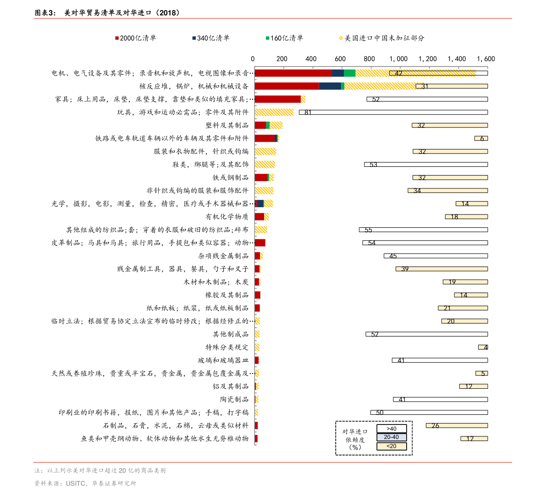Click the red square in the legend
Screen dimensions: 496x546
click(117, 38)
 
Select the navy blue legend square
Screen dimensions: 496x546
click(194, 38)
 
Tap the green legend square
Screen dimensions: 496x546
click(268, 38)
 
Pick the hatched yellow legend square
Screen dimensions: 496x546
click(341, 38)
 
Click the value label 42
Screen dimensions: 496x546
click(398, 73)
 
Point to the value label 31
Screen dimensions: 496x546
click(425, 86)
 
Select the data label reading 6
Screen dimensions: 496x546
click(482, 138)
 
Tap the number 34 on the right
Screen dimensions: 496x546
click(417, 191)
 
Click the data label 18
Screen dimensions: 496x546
click(454, 217)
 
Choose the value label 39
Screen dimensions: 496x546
click(405, 269)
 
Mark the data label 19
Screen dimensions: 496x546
click(452, 282)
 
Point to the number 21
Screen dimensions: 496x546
click(447, 308)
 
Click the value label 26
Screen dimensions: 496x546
click(435, 426)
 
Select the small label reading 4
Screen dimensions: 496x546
click(485, 347)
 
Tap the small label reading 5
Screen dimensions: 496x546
click(483, 374)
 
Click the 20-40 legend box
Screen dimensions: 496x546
click(392, 437)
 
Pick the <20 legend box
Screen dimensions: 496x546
click(392, 446)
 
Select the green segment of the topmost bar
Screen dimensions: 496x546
click(349, 73)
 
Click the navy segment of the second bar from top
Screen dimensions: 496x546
click(330, 86)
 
